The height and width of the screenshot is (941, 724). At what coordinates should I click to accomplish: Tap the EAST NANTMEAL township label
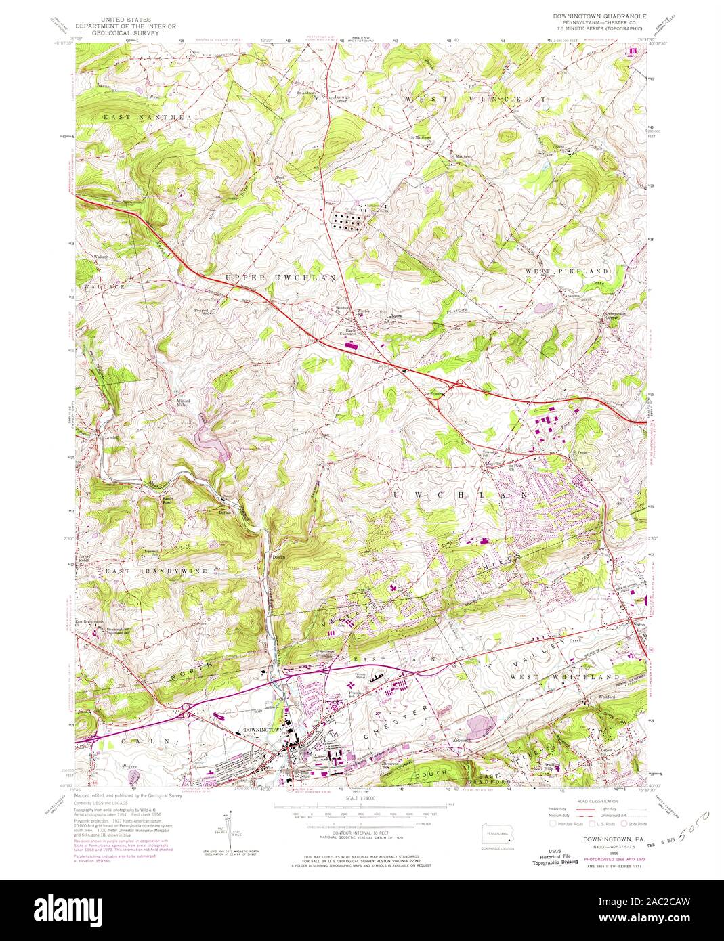point(151,117)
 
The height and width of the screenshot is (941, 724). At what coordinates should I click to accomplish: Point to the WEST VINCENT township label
point(475,100)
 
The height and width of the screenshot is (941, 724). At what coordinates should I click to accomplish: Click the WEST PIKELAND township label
point(568,271)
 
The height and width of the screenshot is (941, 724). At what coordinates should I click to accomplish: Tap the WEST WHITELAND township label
point(565,676)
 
